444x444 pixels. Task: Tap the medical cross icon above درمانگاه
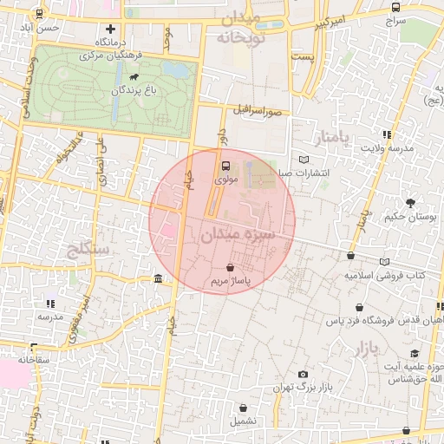point(109,29)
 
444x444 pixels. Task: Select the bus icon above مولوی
point(225,165)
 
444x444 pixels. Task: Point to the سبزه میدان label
point(237,234)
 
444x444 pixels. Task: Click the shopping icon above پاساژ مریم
point(229,268)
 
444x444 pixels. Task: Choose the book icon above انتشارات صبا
point(303,159)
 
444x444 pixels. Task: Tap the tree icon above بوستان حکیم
point(409,202)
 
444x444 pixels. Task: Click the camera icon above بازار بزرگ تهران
point(303,374)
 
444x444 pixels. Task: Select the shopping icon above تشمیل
point(243,408)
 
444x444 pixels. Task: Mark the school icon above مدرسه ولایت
point(386,134)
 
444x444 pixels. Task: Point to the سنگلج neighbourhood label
point(88,251)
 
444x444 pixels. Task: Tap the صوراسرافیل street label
point(258,111)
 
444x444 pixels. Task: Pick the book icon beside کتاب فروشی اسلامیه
point(385,261)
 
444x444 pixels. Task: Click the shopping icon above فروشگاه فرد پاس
point(359,308)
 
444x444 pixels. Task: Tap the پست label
point(302,56)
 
